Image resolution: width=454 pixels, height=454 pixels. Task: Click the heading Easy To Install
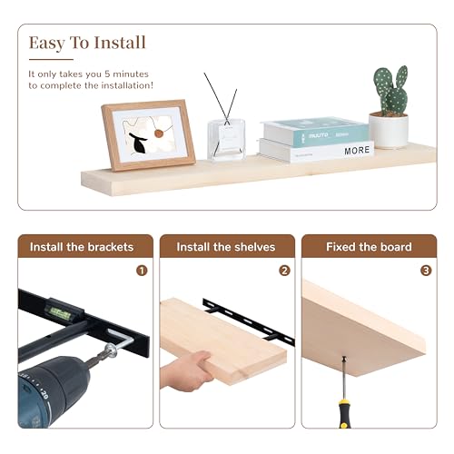coord(87,43)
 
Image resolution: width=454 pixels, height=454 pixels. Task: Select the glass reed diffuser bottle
coord(226,139)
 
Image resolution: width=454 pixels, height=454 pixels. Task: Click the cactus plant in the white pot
coord(391,91)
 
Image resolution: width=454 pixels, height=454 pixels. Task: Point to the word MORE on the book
coord(357,150)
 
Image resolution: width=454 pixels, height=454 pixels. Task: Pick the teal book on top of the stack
coord(315,132)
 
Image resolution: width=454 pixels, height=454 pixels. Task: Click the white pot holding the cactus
coord(389,131)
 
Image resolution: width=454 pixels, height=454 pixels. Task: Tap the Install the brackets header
coord(82,247)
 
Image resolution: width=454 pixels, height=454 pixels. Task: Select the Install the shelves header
coord(226,247)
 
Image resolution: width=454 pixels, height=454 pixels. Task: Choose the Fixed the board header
coord(369,247)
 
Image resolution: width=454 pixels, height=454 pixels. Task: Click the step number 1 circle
coord(142,271)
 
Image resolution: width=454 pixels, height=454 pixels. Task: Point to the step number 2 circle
coord(284,271)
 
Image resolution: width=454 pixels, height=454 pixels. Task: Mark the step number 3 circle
coord(426,271)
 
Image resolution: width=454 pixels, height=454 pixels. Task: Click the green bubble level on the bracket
coord(61,313)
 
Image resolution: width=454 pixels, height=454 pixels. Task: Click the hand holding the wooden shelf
coord(185,371)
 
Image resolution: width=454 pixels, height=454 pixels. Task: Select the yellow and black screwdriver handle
coord(344,413)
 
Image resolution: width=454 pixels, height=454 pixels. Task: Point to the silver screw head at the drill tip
coord(111,351)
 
